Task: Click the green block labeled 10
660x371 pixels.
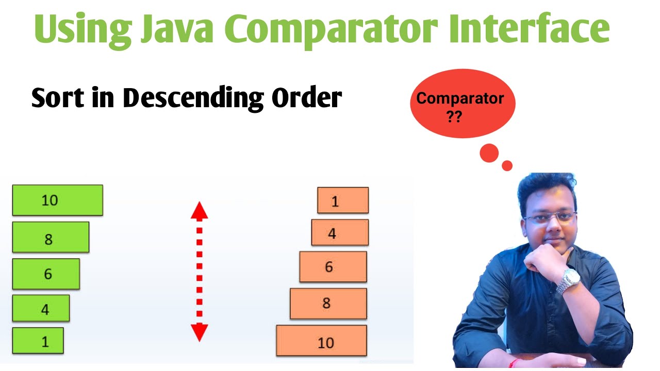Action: (x=57, y=200)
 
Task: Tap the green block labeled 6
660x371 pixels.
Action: (x=46, y=274)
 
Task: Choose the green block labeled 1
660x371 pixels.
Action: (x=38, y=341)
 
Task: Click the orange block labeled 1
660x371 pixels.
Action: (x=343, y=200)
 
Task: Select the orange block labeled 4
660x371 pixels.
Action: (x=340, y=232)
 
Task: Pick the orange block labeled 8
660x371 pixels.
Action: (x=328, y=303)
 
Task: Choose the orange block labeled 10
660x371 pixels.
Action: (x=321, y=341)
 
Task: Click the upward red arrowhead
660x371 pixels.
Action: (x=199, y=211)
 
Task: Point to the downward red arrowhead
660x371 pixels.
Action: (x=199, y=332)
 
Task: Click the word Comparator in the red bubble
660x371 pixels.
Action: (x=460, y=98)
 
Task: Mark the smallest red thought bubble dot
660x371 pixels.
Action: (x=507, y=165)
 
